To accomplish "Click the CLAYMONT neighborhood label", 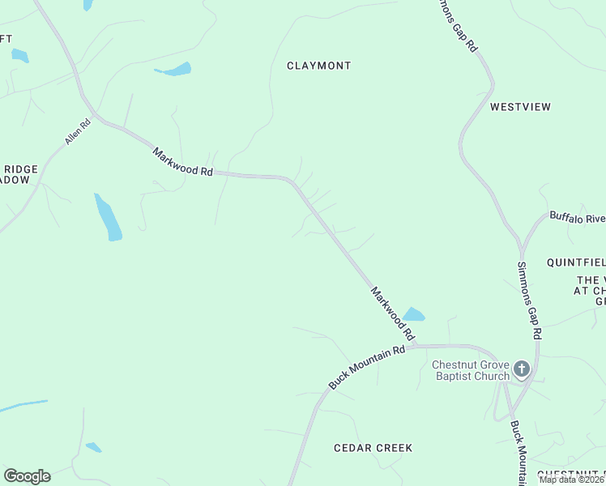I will point(319,66).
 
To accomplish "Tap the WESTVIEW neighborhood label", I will point(520,107).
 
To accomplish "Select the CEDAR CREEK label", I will point(373,448).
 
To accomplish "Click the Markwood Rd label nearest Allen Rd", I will point(182,161).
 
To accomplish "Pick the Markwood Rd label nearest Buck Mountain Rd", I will point(393,313).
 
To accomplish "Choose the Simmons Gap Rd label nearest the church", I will point(529,301).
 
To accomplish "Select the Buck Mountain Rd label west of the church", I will point(366,366).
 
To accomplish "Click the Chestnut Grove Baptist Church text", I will point(471,370).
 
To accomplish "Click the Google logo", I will point(27,476).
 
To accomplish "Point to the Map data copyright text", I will point(571,480).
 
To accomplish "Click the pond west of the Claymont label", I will point(175,70).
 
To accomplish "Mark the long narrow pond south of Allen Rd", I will point(108,217).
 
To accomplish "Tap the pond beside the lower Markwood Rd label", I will point(414,314).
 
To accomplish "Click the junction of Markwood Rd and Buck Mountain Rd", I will point(414,346).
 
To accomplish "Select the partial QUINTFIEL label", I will point(576,262).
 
